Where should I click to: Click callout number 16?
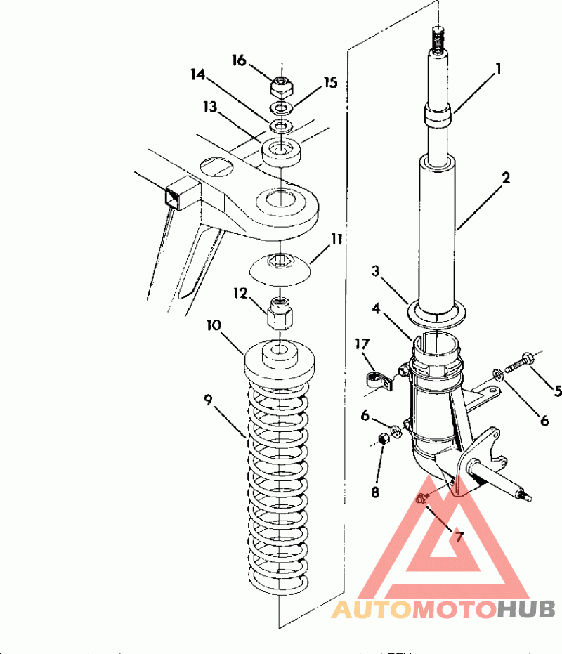239,60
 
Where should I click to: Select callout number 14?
198,74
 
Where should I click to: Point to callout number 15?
330,83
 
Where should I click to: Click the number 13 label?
210,107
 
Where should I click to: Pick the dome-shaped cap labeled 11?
280,269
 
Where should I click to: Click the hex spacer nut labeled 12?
280,313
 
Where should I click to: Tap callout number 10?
214,325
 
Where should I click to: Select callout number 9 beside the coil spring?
208,400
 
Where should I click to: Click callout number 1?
498,68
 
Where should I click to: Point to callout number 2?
506,178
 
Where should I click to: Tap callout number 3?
376,271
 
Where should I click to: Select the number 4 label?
376,308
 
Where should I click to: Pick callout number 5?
558,391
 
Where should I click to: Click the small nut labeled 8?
384,439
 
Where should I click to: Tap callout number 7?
459,537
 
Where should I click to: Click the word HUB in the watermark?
526,609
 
